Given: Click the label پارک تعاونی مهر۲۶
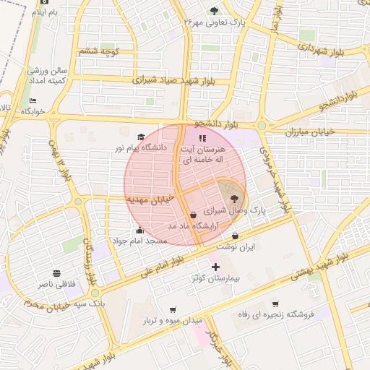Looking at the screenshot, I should [216, 22].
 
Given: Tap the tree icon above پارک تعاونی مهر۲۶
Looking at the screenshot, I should [214, 10].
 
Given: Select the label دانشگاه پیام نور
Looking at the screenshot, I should [140, 147].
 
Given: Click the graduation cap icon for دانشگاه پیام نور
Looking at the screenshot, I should [141, 137].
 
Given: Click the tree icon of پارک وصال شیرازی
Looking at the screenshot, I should [235, 199].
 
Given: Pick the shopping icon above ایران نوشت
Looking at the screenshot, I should [236, 236].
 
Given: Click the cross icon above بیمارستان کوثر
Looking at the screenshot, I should [215, 267].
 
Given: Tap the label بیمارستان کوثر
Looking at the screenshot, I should [215, 278].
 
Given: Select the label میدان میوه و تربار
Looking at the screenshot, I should [171, 319].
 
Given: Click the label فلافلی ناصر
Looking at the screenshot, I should [56, 285].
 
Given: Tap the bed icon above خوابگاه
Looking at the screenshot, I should [33, 100].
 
